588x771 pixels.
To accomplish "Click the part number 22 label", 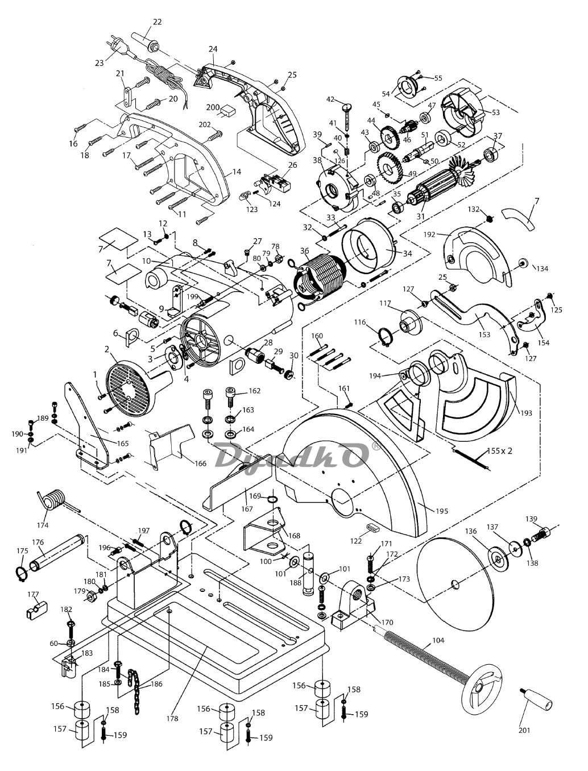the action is click(157, 22).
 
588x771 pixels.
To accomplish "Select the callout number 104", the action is click(438, 641).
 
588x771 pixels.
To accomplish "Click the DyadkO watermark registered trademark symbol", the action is click(375, 445).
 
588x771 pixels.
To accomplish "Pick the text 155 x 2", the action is click(499, 451).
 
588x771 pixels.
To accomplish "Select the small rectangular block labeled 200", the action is click(228, 111).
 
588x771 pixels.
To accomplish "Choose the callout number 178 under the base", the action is click(173, 718).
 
